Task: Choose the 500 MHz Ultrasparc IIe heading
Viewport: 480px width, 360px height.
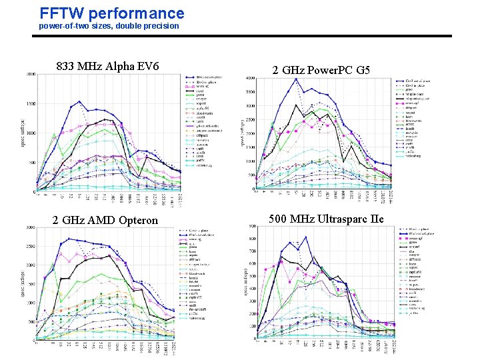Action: [326, 219]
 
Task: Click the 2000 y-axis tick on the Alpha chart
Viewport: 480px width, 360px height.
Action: [31, 74]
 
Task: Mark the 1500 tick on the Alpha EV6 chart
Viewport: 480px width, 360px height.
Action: [31, 103]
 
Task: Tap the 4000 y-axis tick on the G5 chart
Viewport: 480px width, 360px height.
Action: [250, 79]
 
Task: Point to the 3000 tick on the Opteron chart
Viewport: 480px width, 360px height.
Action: [31, 227]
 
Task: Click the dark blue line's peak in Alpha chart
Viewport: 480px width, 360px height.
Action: [79, 101]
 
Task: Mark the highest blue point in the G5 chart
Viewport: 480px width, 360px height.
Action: [295, 79]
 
